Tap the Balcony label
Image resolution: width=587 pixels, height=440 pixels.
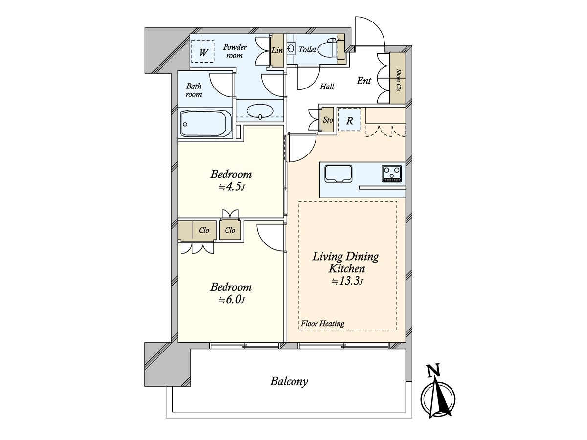point(289,381)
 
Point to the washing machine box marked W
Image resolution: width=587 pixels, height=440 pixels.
point(203,51)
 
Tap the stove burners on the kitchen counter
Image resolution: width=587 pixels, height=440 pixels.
point(392,173)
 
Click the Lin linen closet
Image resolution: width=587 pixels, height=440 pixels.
point(277,51)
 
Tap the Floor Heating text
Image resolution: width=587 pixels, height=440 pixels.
point(322,323)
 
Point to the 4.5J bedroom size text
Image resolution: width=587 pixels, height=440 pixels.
point(231,187)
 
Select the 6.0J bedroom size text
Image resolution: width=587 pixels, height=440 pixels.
point(231,300)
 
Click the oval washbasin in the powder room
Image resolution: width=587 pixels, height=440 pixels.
point(259,111)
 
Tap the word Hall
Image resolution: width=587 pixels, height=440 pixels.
point(327,87)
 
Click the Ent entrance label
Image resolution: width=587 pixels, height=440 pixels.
point(363,81)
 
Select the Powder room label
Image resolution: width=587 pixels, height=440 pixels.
point(234,51)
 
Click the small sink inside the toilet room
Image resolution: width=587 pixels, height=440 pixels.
point(292,48)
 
